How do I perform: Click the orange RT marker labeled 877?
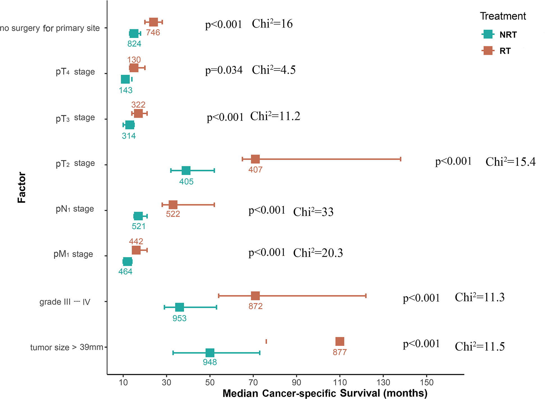tap(340, 341)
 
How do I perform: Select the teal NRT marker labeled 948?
tap(210, 353)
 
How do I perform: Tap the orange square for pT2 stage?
tap(255, 159)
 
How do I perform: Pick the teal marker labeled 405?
tap(186, 170)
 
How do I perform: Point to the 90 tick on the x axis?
tap(296, 382)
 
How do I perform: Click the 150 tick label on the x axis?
tap(426, 382)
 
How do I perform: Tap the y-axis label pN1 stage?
tap(75, 209)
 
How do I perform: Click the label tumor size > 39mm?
tap(67, 347)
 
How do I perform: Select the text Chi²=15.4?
tap(510, 162)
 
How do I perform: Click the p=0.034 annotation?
tap(224, 70)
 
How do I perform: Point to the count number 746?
tap(153, 33)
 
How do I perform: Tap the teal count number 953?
tap(180, 318)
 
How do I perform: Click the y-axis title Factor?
tap(22, 187)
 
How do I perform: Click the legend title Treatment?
tap(503, 16)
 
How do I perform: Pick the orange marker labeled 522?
tap(173, 205)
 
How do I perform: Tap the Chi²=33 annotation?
tap(313, 212)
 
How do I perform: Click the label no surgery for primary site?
tap(50, 28)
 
